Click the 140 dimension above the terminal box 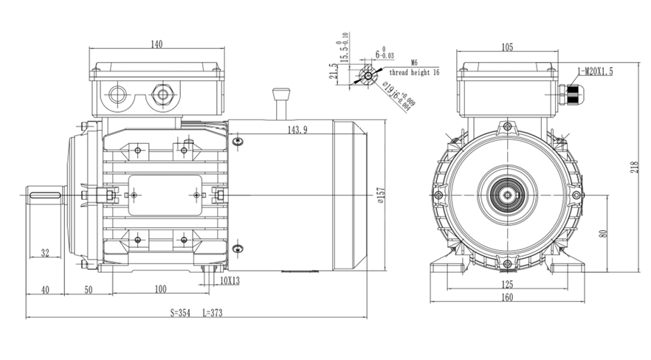(156, 44)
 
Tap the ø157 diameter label (381, 195)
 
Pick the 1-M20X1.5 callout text (596, 71)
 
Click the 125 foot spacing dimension (506, 285)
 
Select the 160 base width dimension (506, 298)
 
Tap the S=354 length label (179, 313)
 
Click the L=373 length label (212, 313)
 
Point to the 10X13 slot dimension (230, 280)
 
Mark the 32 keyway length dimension (45, 253)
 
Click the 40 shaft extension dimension (45, 290)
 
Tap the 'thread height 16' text (415, 73)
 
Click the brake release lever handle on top (280, 94)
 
